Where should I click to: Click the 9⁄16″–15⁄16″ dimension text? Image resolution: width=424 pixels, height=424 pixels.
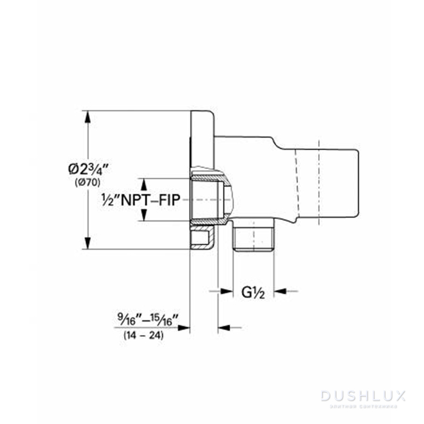click(148, 317)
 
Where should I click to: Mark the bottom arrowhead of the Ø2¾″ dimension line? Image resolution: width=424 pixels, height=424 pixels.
click(88, 244)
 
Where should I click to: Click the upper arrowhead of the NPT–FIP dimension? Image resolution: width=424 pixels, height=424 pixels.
click(143, 183)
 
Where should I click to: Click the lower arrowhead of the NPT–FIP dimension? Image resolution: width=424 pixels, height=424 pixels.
click(143, 216)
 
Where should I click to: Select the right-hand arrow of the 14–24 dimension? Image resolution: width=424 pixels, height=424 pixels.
click(224, 328)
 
